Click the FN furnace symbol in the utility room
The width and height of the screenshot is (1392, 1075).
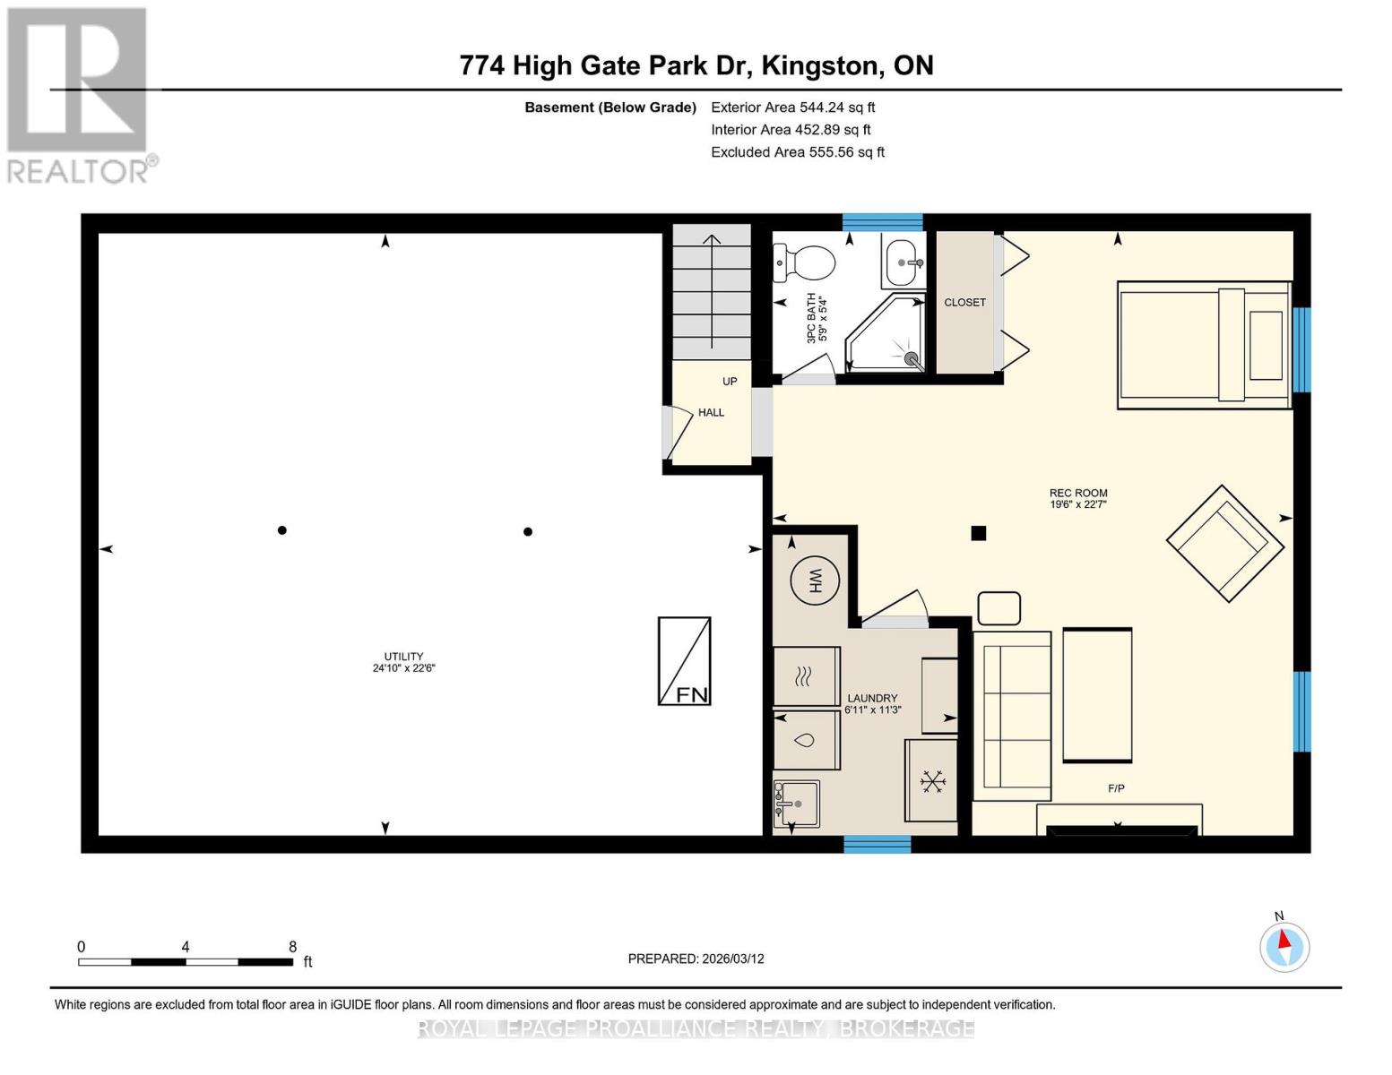pyautogui.click(x=685, y=661)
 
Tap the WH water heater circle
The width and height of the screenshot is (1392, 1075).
pyautogui.click(x=814, y=580)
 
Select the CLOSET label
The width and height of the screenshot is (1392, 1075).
pyautogui.click(x=964, y=303)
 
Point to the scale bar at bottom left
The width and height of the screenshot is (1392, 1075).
pyautogui.click(x=186, y=962)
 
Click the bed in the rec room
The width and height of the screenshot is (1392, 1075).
pyautogui.click(x=1204, y=346)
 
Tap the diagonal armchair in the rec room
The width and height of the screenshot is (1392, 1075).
pyautogui.click(x=1223, y=543)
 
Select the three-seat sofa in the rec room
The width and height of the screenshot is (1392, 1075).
pyautogui.click(x=1012, y=716)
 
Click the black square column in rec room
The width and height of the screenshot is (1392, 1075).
pyautogui.click(x=979, y=533)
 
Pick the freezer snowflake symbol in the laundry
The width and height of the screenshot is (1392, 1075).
pyautogui.click(x=932, y=781)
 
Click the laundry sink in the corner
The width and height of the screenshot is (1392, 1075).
pyautogui.click(x=796, y=804)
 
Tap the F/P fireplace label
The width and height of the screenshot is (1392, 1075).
pyautogui.click(x=1116, y=788)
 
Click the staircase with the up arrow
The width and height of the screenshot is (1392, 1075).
pyautogui.click(x=712, y=292)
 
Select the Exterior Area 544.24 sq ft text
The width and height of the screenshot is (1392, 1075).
pyautogui.click(x=792, y=107)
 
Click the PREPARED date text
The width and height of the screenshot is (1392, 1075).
pyautogui.click(x=696, y=959)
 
